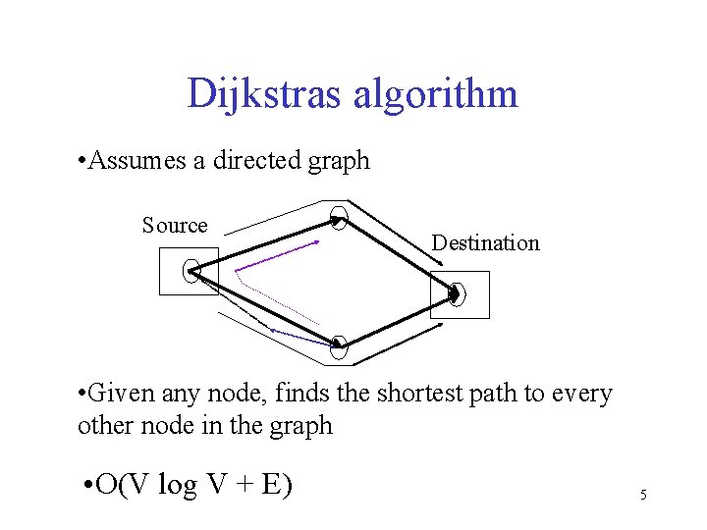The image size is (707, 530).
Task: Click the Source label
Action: coord(175,226)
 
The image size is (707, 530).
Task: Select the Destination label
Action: coord(486,242)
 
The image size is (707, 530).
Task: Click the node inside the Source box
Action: coord(191,272)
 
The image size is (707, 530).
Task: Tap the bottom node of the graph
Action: coord(340,344)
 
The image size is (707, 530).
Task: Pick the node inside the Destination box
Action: coord(456,293)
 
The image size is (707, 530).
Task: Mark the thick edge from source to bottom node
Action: coord(264,308)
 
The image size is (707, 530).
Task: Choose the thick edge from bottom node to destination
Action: coord(397,320)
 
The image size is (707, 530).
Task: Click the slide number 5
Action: coord(643,496)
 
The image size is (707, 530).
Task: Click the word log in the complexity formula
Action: coord(177,485)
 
